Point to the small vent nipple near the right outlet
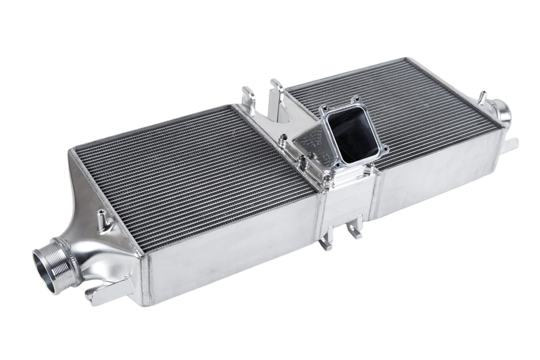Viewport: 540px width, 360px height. click(x=480, y=98)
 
